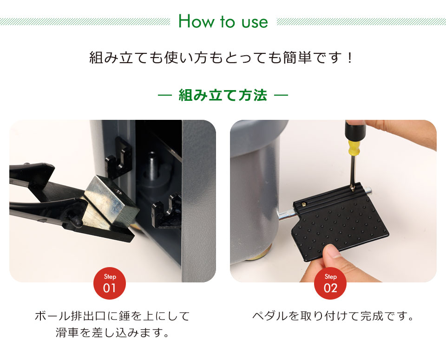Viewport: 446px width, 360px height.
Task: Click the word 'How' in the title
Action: pyautogui.click(x=191, y=21)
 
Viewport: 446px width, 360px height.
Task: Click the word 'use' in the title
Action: pyautogui.click(x=254, y=22)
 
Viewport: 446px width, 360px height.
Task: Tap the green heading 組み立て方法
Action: pyautogui.click(x=223, y=95)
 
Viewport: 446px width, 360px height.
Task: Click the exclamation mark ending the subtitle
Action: pyautogui.click(x=350, y=59)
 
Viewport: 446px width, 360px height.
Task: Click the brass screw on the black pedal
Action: pyautogui.click(x=304, y=203)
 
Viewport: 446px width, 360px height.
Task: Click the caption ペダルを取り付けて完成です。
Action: pyautogui.click(x=333, y=317)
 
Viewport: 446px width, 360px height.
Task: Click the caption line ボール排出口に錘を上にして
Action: pyautogui.click(x=112, y=317)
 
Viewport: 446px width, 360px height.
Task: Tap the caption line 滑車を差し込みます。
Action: pyautogui.click(x=112, y=333)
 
